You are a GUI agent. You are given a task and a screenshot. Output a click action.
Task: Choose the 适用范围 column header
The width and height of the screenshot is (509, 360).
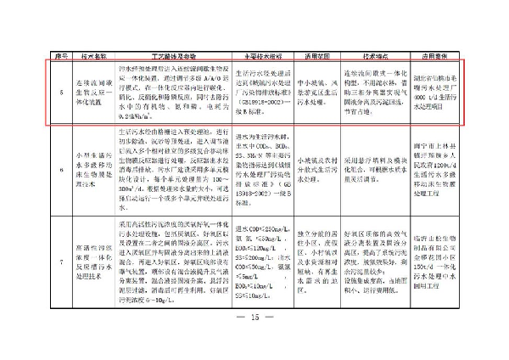316,50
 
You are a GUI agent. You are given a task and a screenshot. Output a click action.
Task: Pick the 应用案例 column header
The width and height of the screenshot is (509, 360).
437,50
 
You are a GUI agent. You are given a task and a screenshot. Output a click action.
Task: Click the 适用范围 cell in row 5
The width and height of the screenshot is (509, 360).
316,89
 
